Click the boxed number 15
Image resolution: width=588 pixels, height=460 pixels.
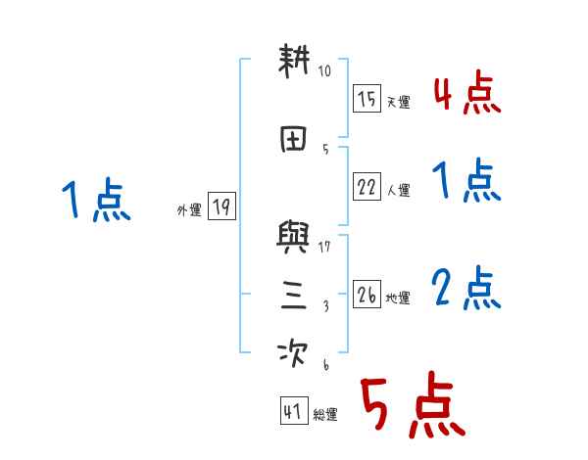pos(367,99)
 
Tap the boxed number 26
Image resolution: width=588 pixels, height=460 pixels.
pos(367,295)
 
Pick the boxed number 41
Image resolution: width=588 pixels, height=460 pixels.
pos(292,412)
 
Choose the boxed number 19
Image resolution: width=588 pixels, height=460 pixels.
pos(221,207)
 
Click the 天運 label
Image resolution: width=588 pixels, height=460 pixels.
pos(398,102)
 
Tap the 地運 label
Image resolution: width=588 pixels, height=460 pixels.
pos(398,298)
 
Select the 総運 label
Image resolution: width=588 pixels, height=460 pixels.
pos(325,415)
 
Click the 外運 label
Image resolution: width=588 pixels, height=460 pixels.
pos(188,209)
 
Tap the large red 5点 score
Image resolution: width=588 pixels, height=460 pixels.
pos(412,406)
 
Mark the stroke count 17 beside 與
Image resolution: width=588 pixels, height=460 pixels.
pos(325,247)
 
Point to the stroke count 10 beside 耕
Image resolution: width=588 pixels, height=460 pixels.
pos(325,71)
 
